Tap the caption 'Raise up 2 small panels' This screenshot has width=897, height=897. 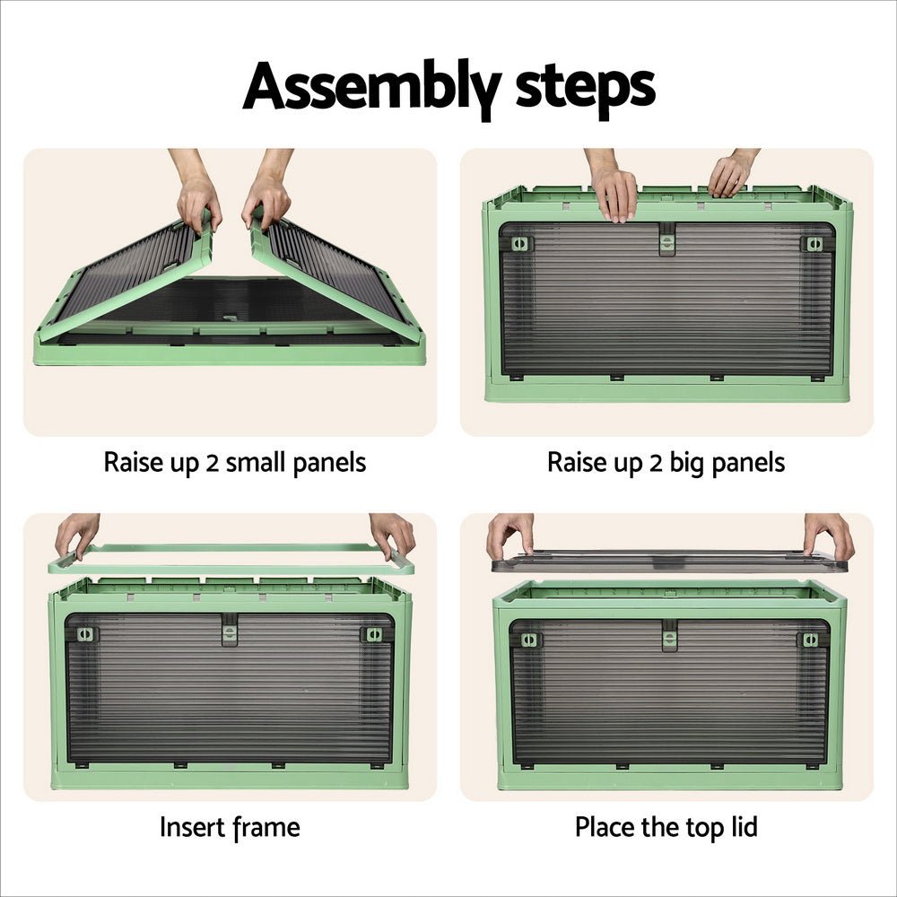tap(235, 463)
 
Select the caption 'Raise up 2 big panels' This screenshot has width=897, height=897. tap(666, 463)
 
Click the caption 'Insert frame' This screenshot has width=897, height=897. tap(230, 826)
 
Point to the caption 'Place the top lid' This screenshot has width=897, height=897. tap(666, 826)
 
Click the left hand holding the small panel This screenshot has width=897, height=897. tap(198, 197)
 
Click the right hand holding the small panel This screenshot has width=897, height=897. tap(266, 197)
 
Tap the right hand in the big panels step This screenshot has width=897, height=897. tap(731, 175)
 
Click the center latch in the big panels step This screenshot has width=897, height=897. tap(667, 239)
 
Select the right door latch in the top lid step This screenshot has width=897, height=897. tap(809, 640)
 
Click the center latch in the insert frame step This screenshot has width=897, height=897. tap(231, 631)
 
